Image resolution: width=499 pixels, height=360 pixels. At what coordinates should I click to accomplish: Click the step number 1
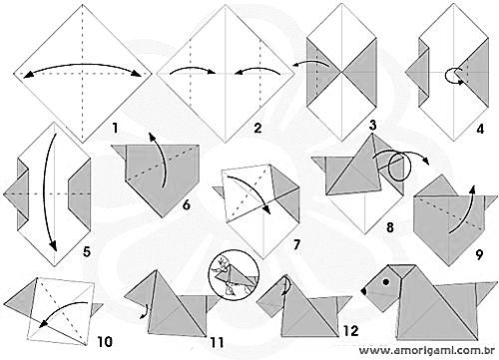pyautogui.click(x=115, y=128)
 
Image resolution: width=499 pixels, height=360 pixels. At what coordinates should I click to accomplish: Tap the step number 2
pyautogui.click(x=257, y=128)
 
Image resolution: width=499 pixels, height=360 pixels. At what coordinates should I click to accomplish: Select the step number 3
pyautogui.click(x=372, y=125)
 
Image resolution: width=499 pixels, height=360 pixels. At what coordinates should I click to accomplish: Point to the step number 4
pyautogui.click(x=480, y=129)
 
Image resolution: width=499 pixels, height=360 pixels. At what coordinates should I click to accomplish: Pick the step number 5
pyautogui.click(x=87, y=251)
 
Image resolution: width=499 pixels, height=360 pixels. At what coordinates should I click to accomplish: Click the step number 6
pyautogui.click(x=187, y=204)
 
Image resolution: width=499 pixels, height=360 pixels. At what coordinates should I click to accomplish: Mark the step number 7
pyautogui.click(x=296, y=245)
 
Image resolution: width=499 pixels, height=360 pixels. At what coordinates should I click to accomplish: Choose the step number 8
pyautogui.click(x=390, y=227)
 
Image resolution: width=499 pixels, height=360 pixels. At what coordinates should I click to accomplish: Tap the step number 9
pyautogui.click(x=479, y=255)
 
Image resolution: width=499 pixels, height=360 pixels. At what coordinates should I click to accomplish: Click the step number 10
pyautogui.click(x=105, y=342)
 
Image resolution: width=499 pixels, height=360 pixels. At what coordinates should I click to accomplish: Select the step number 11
pyautogui.click(x=217, y=342)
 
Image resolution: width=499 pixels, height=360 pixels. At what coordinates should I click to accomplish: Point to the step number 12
pyautogui.click(x=351, y=331)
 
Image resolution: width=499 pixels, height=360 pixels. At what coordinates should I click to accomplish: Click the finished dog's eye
pyautogui.click(x=386, y=282)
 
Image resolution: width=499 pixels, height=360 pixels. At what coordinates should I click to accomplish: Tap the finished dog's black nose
pyautogui.click(x=364, y=291)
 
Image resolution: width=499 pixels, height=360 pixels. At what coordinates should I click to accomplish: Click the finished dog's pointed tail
pyautogui.click(x=485, y=290)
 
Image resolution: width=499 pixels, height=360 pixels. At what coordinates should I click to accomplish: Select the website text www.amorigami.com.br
pyautogui.click(x=427, y=351)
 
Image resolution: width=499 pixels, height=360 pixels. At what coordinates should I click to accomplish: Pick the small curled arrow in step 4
pyautogui.click(x=453, y=76)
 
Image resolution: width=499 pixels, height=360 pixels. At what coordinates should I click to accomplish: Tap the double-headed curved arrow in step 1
pyautogui.click(x=83, y=64)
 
